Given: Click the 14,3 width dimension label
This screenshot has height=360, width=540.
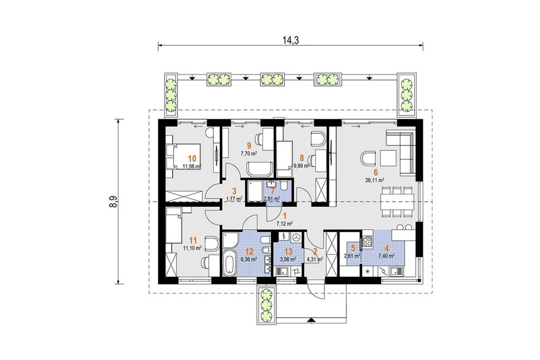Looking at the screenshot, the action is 291,40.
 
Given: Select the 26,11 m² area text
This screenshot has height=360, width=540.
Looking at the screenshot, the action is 375,180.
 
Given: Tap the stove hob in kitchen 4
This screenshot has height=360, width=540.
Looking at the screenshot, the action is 367,241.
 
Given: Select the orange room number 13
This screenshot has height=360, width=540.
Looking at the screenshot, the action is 288,252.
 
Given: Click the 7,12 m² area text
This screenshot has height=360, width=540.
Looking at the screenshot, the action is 285,223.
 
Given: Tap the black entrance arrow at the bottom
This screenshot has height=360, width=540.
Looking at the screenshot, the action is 311,321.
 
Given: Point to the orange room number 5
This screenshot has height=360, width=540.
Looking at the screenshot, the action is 353,247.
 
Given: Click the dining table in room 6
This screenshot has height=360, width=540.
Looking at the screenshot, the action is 397,202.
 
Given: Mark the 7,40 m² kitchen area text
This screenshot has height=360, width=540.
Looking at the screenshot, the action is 387,256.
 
